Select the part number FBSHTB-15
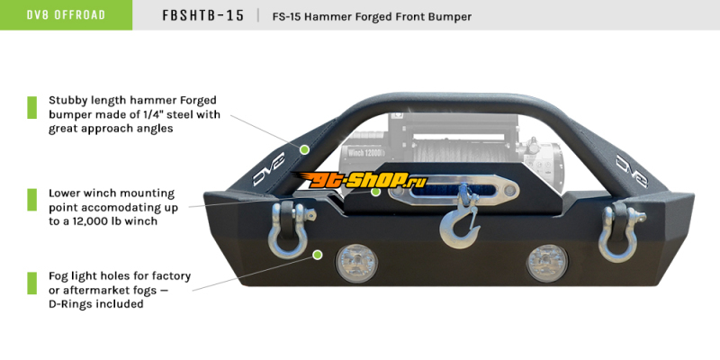pos(202,16)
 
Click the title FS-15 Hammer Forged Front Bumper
pos(372,16)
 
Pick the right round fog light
pos(546,261)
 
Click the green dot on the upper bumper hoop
pos(305,148)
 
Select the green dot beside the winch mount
pos(394,192)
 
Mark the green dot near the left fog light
pos(317,255)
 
